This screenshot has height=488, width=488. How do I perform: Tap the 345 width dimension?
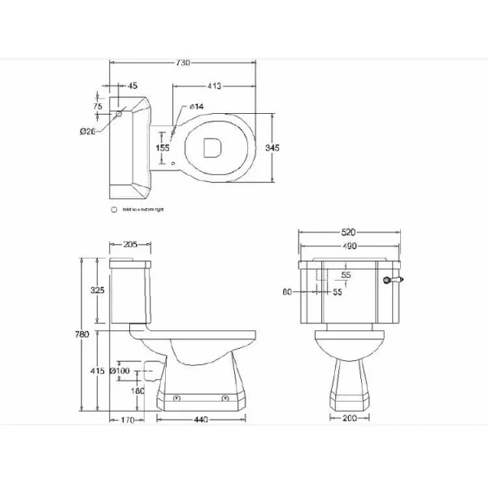[x=272, y=147]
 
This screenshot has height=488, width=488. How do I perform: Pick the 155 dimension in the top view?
[x=163, y=147]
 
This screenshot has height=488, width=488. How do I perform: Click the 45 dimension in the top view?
[x=133, y=85]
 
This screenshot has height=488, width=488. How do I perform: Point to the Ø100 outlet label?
[x=120, y=372]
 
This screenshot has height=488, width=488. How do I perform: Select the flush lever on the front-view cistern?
[x=397, y=280]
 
